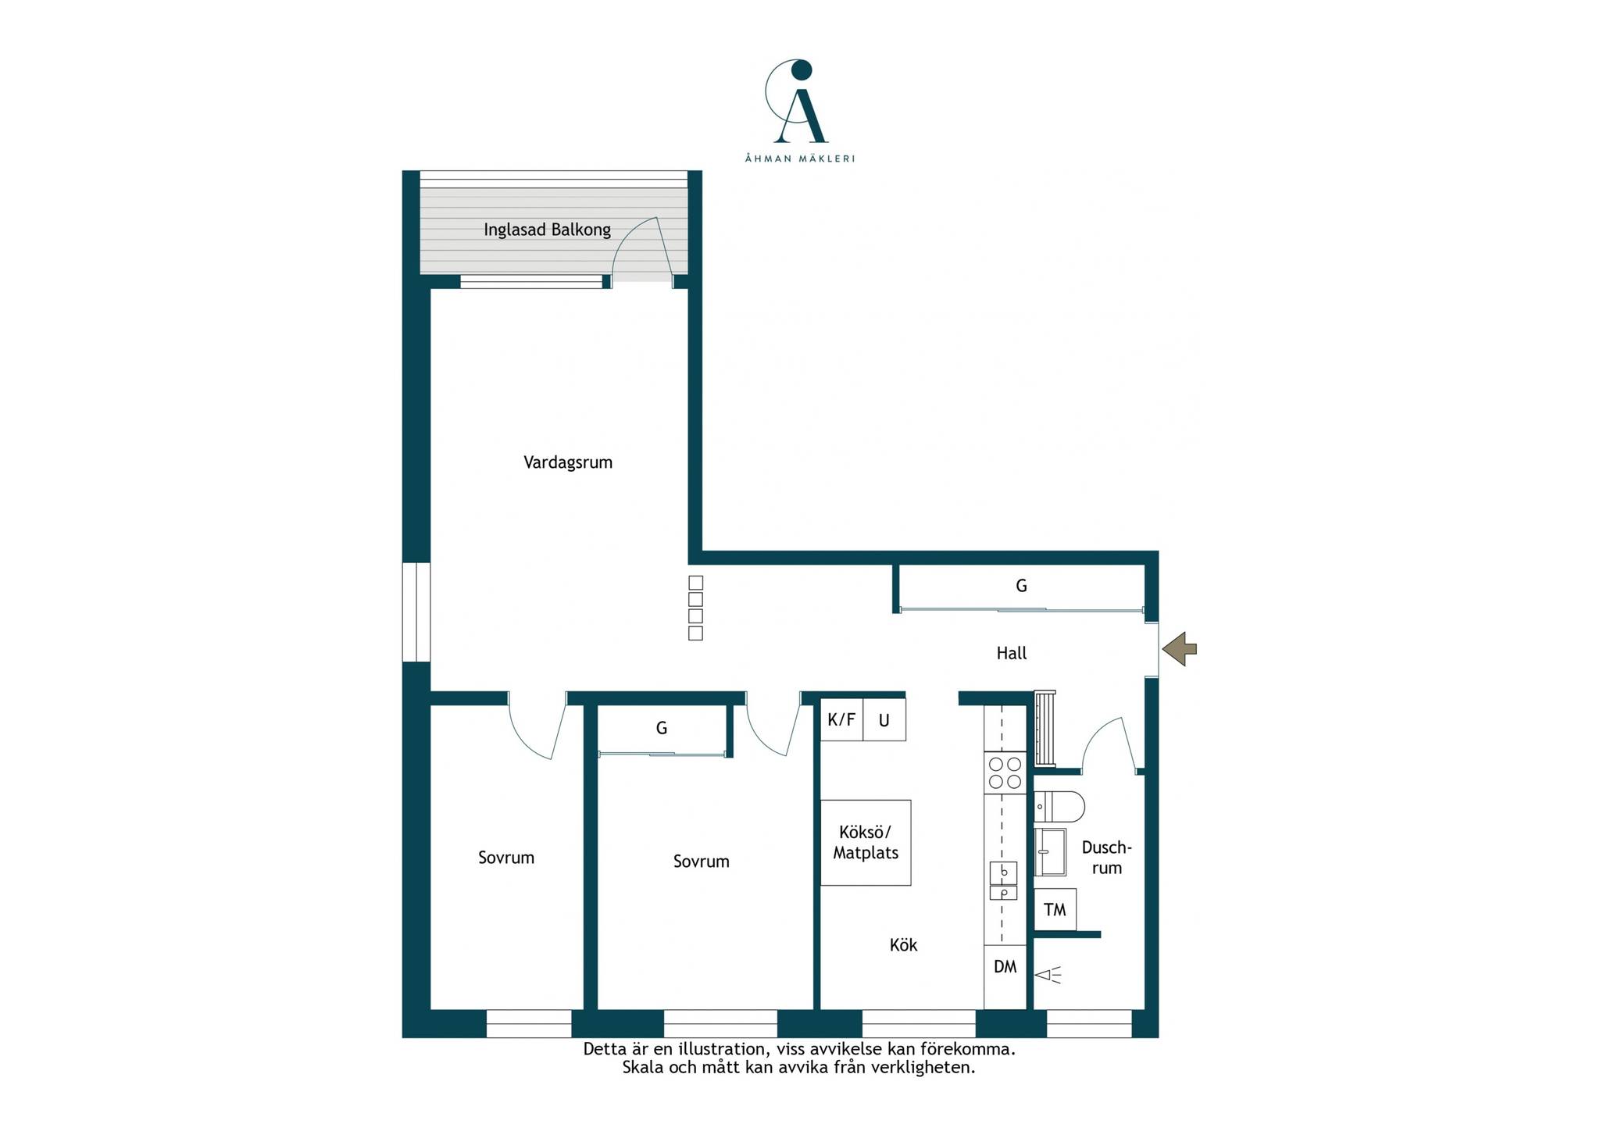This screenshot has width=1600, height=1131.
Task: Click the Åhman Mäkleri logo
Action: (799, 110)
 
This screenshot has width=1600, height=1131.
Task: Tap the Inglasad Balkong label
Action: (547, 230)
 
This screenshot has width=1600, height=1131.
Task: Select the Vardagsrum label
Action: (568, 462)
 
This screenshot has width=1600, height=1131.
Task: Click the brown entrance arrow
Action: (1179, 648)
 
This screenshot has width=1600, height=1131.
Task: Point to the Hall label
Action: (1012, 653)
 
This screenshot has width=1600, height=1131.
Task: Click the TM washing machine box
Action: (1055, 910)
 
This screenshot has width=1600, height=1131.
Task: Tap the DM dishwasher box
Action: (1005, 967)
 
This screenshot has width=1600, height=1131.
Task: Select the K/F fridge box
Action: (841, 719)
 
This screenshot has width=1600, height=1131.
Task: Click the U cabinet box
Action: (884, 719)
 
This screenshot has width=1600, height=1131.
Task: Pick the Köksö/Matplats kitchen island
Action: (866, 843)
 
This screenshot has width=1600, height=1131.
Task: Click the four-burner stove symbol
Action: (1005, 772)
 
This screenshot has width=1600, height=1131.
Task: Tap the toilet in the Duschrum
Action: (1059, 807)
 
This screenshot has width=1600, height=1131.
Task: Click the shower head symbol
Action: (1048, 975)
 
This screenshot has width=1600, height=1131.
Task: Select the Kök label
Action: (903, 945)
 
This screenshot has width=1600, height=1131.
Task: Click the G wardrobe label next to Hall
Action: (1021, 586)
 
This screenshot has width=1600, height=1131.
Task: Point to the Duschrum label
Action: (1106, 858)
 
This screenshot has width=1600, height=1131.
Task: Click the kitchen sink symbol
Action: (1004, 880)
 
